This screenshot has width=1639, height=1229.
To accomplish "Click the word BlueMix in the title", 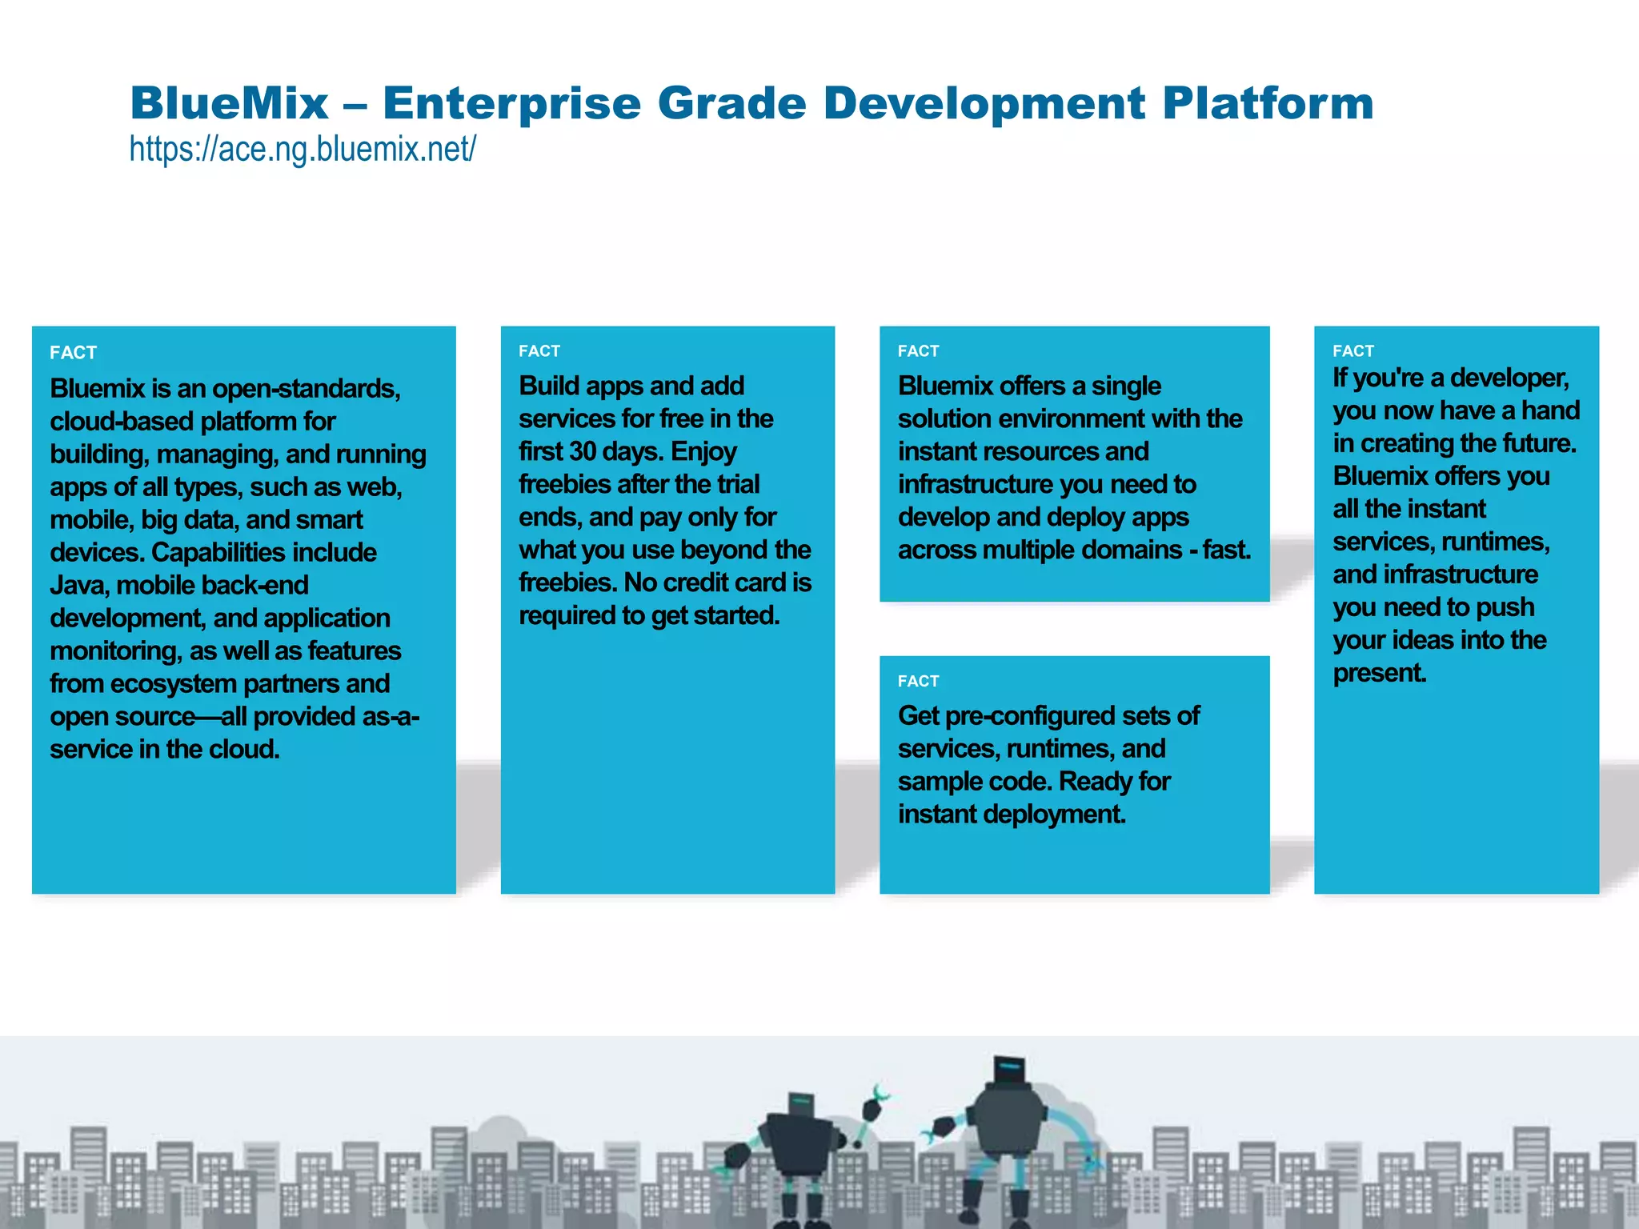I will [x=229, y=103].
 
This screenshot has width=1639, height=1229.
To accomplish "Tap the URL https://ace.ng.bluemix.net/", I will [x=303, y=149].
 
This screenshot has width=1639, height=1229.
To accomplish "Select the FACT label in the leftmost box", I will [x=73, y=353].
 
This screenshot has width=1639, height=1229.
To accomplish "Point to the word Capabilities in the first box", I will [x=218, y=553].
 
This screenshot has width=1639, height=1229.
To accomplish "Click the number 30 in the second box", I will [x=583, y=452].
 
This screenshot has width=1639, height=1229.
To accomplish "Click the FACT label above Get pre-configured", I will [x=918, y=681].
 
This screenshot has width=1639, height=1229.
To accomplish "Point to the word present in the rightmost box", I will [x=1379, y=674].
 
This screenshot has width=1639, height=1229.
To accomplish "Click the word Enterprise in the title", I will [x=512, y=103].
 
